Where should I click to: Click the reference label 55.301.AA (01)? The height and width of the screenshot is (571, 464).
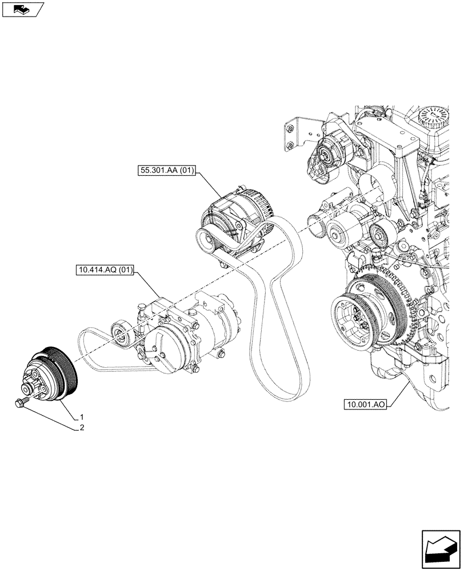point(166,170)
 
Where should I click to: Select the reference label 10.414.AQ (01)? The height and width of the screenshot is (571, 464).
point(103,271)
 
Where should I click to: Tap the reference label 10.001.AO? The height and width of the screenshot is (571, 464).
point(366,405)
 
